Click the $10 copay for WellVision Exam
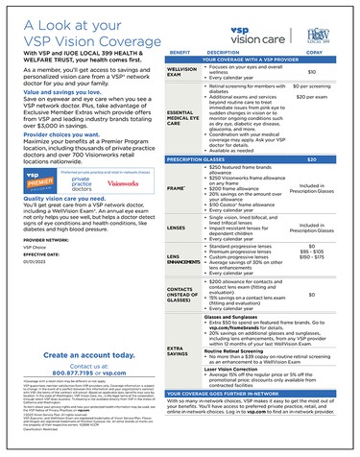tap(311, 71)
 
